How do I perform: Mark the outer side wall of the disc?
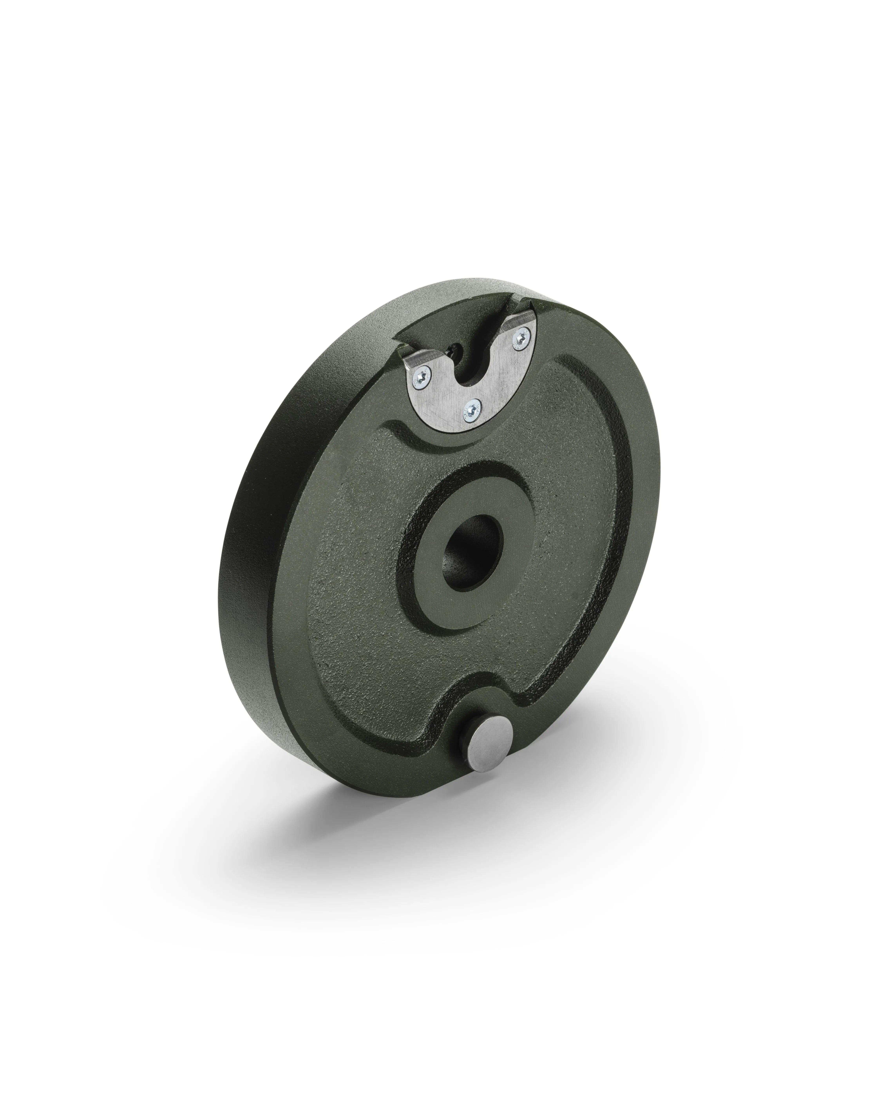(x=264, y=584)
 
